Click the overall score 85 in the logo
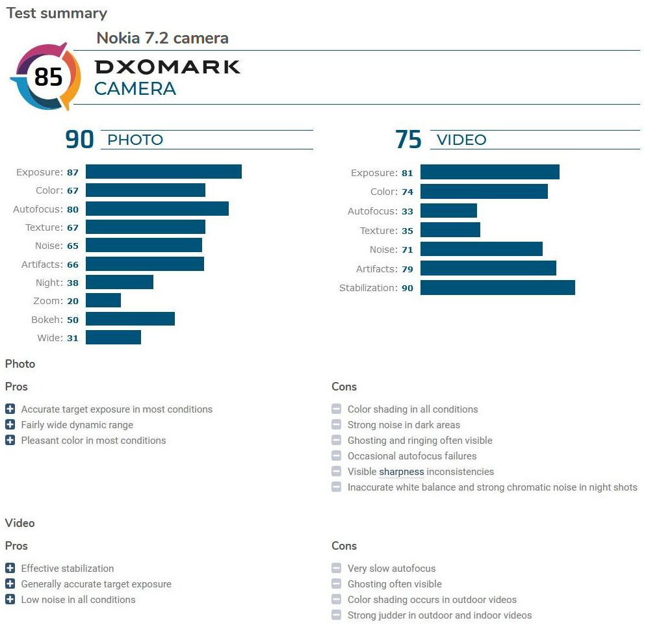48,77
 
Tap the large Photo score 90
79,140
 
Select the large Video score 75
408,140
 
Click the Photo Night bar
120,282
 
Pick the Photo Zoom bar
103,300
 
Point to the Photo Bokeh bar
130,319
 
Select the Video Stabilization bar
497,287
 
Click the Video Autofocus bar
448,211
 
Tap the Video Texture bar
450,230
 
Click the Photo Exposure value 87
72,172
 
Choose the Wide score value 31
72,338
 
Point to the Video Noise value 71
407,250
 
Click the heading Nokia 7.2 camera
162,38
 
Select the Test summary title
57,13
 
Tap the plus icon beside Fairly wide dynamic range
10,424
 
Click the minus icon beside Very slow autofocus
336,568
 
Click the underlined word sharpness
402,472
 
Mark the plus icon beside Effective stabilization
10,568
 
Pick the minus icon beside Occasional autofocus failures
336,456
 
